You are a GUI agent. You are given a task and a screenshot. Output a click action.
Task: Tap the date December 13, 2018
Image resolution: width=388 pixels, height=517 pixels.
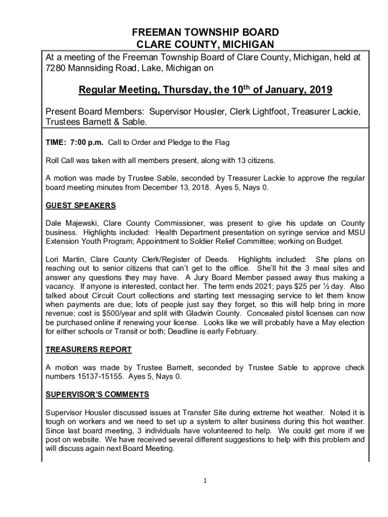pos(171,188)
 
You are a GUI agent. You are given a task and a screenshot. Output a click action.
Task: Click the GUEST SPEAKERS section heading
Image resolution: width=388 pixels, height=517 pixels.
pos(81,205)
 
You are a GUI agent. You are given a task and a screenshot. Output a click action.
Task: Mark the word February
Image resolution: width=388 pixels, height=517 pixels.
pos(241,332)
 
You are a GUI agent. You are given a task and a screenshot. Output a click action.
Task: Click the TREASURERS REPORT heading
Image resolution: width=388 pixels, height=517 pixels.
pos(89,349)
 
